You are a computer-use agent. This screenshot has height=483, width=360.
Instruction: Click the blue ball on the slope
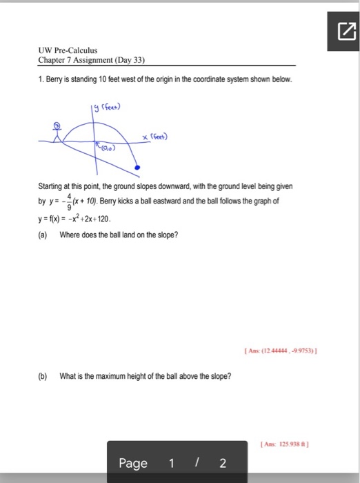137,168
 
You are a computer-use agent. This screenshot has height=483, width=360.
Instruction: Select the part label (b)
43,376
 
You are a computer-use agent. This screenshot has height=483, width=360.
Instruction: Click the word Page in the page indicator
134,463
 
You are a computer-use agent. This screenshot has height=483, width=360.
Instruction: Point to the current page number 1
172,463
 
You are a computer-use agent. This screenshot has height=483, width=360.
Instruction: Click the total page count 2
222,463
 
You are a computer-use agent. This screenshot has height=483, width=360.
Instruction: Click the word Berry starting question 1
57,80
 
